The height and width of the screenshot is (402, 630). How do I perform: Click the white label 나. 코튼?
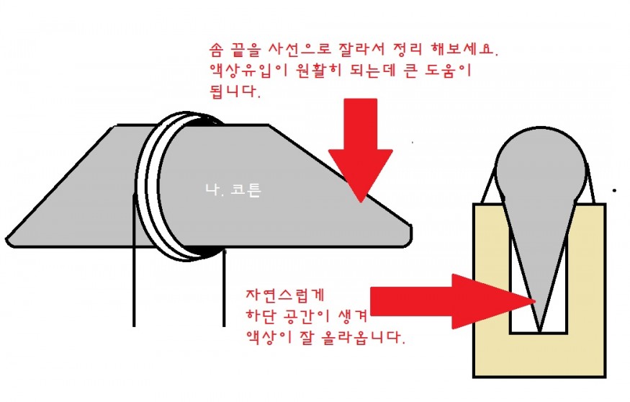(233, 189)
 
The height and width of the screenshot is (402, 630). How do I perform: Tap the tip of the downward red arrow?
(361, 202)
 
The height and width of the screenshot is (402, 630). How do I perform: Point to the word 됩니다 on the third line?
(234, 92)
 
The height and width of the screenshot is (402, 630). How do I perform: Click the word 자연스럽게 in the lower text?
(285, 295)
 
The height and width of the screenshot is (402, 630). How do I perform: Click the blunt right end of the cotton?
(410, 235)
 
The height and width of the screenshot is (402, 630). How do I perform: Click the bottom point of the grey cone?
(540, 332)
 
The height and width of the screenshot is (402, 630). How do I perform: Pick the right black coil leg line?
(224, 288)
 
